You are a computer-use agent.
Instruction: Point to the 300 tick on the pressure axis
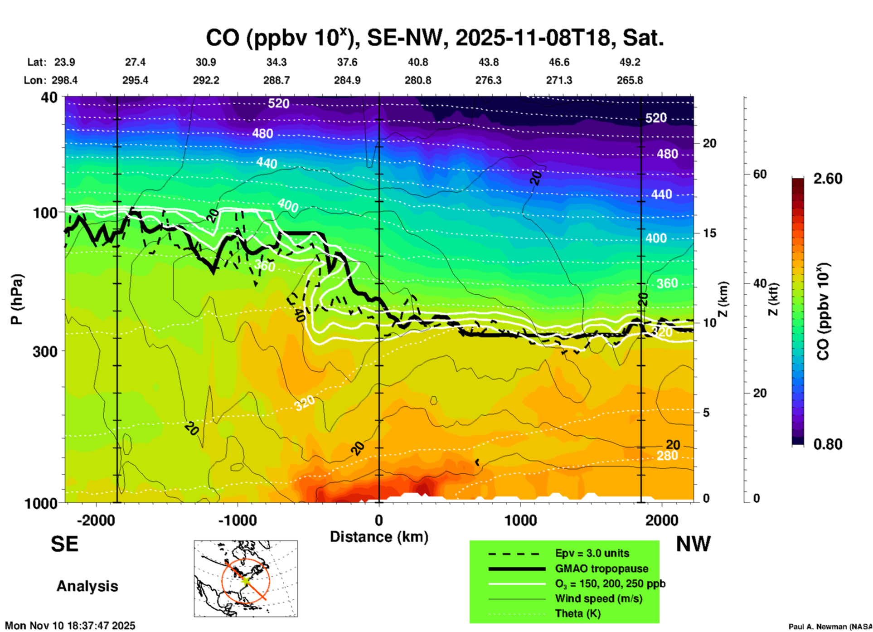[45, 351]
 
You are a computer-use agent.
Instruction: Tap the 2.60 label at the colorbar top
[828, 179]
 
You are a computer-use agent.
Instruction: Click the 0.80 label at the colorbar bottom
[828, 444]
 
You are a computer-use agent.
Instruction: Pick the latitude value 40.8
[417, 62]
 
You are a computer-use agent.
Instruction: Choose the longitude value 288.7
[276, 80]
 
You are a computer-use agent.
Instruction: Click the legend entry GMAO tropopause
[601, 569]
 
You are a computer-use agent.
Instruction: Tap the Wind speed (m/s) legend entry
[598, 598]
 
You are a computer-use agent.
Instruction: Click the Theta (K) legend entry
[577, 613]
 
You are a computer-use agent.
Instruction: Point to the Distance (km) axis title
[379, 537]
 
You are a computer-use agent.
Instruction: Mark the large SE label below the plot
[64, 544]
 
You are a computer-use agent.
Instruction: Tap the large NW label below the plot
[693, 544]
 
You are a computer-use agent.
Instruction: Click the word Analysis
[87, 586]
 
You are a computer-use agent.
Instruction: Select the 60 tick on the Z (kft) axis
[759, 174]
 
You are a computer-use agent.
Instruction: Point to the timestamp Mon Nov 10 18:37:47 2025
[70, 626]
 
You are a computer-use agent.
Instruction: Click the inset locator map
[246, 578]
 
